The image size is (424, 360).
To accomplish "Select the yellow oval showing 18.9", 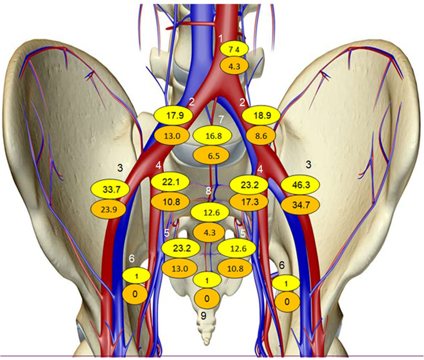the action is click(x=261, y=116).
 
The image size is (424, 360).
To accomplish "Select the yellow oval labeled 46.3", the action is click(x=301, y=185).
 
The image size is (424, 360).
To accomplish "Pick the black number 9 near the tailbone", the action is click(x=203, y=316).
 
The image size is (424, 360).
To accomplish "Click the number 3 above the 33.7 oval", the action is click(x=120, y=168).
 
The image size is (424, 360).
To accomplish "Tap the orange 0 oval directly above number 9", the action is click(x=207, y=299).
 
